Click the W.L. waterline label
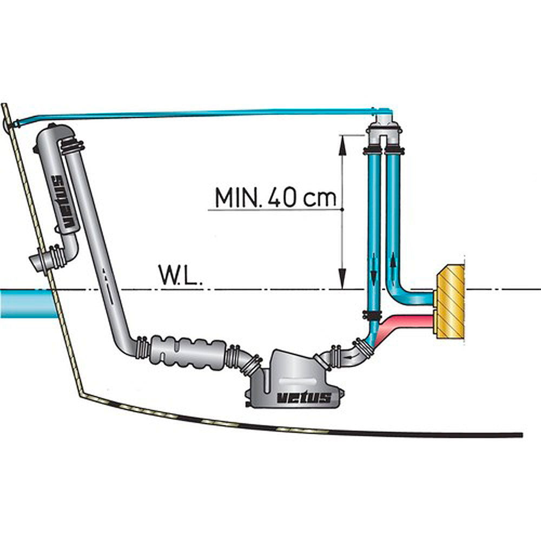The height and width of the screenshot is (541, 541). tap(180, 275)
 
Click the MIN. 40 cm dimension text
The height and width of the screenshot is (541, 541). tap(275, 197)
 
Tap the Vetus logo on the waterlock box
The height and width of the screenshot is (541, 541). tap(304, 398)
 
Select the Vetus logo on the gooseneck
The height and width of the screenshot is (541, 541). tap(64, 202)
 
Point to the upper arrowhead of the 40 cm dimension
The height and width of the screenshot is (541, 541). tap(342, 144)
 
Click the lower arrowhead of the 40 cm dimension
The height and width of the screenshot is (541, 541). tap(342, 278)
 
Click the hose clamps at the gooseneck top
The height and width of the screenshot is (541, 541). tap(72, 146)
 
